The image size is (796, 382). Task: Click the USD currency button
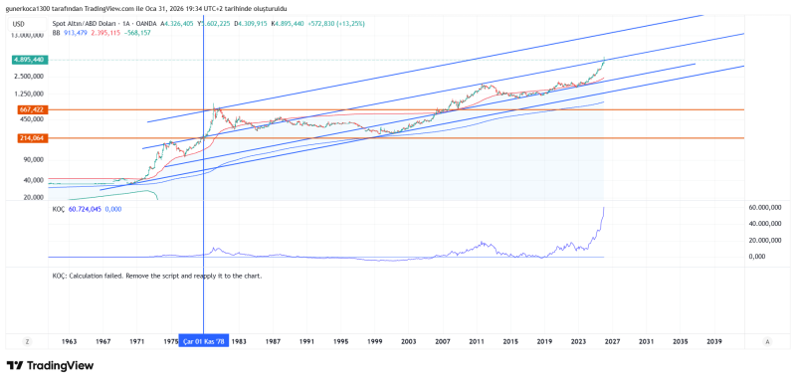(x=18, y=22)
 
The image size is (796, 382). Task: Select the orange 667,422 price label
(x=31, y=109)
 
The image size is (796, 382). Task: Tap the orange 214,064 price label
(x=31, y=138)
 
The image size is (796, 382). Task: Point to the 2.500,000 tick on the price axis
(x=29, y=75)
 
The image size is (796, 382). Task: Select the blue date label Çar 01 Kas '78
(x=203, y=341)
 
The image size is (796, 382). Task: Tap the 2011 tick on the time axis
(x=477, y=341)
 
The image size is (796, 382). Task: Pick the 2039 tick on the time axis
(x=714, y=341)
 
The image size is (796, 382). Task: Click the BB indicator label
(x=56, y=32)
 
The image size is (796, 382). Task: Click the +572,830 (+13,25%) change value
(x=311, y=22)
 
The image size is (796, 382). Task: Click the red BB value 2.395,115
(x=112, y=32)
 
